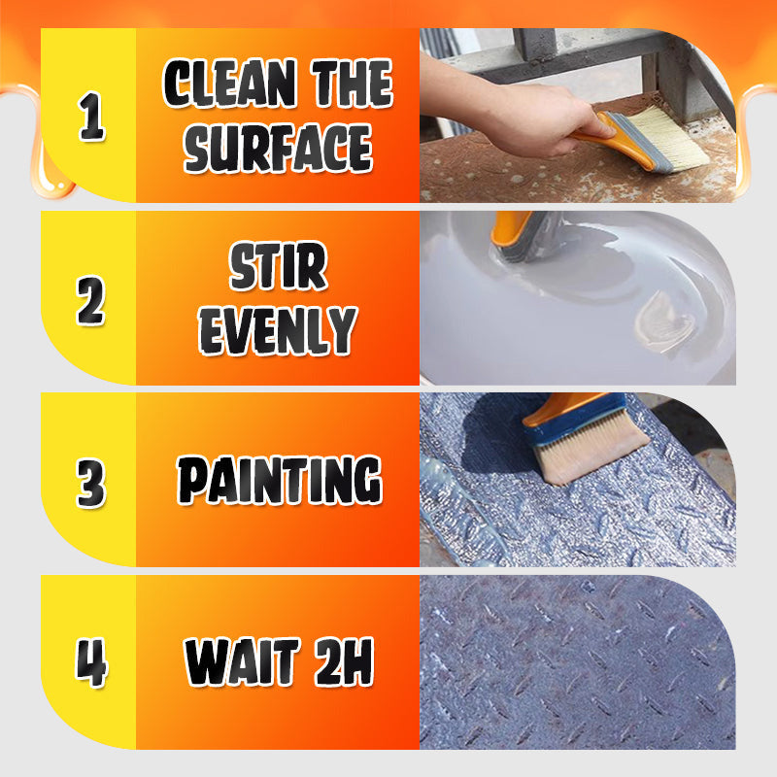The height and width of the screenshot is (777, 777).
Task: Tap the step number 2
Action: pos(90,299)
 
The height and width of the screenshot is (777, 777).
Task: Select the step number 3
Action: pos(90,481)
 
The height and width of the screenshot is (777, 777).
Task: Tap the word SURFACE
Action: pos(278,149)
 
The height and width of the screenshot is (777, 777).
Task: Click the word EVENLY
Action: pos(278,330)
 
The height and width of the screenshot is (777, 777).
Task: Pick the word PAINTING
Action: pos(279,481)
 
